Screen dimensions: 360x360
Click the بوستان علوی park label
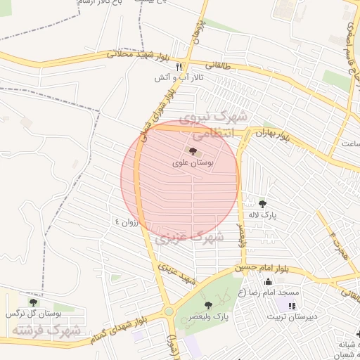tap(193, 162)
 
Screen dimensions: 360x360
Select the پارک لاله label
tap(264, 215)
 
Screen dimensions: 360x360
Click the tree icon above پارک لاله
tap(263, 204)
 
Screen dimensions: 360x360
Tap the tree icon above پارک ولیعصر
tap(208, 304)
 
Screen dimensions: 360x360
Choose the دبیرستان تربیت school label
tap(292, 316)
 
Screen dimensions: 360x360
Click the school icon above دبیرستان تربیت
tap(292, 305)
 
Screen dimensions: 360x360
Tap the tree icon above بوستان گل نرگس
tap(33, 302)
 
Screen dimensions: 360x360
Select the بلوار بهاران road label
tap(271, 132)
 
